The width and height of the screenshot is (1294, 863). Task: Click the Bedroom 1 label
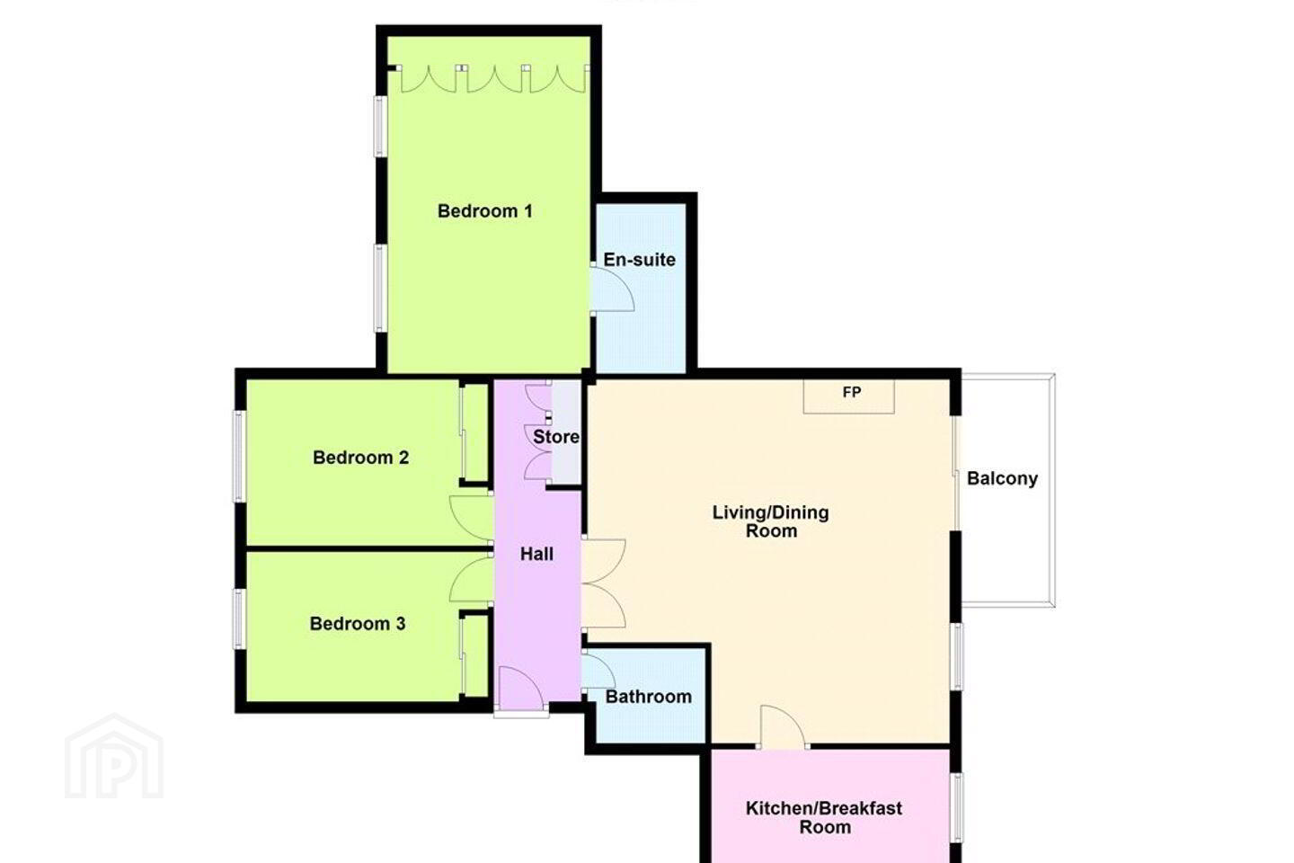point(484,211)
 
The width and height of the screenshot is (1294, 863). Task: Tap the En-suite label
point(639,260)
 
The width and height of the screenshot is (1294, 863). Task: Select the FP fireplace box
point(848,396)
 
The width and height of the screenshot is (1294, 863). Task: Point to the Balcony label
point(1002,478)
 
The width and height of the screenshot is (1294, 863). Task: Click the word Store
point(555,437)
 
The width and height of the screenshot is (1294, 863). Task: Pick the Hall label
point(536,555)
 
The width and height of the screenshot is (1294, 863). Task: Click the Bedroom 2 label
point(360,458)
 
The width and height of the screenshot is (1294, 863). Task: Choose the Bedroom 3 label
point(357,624)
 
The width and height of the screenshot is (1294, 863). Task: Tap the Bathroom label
point(648,697)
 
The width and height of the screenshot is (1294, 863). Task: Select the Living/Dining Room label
point(771,521)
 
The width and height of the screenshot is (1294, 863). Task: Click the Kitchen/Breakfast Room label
point(824,817)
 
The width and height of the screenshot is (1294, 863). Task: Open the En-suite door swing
point(612,289)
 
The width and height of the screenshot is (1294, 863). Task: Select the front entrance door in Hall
point(521,689)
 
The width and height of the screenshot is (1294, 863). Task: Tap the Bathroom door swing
point(598,670)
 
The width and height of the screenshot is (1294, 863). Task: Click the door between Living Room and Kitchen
point(783,727)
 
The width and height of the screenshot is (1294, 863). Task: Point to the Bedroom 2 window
point(239,456)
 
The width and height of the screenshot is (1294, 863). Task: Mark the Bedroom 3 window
point(239,618)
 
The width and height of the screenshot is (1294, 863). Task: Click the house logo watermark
point(114,757)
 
